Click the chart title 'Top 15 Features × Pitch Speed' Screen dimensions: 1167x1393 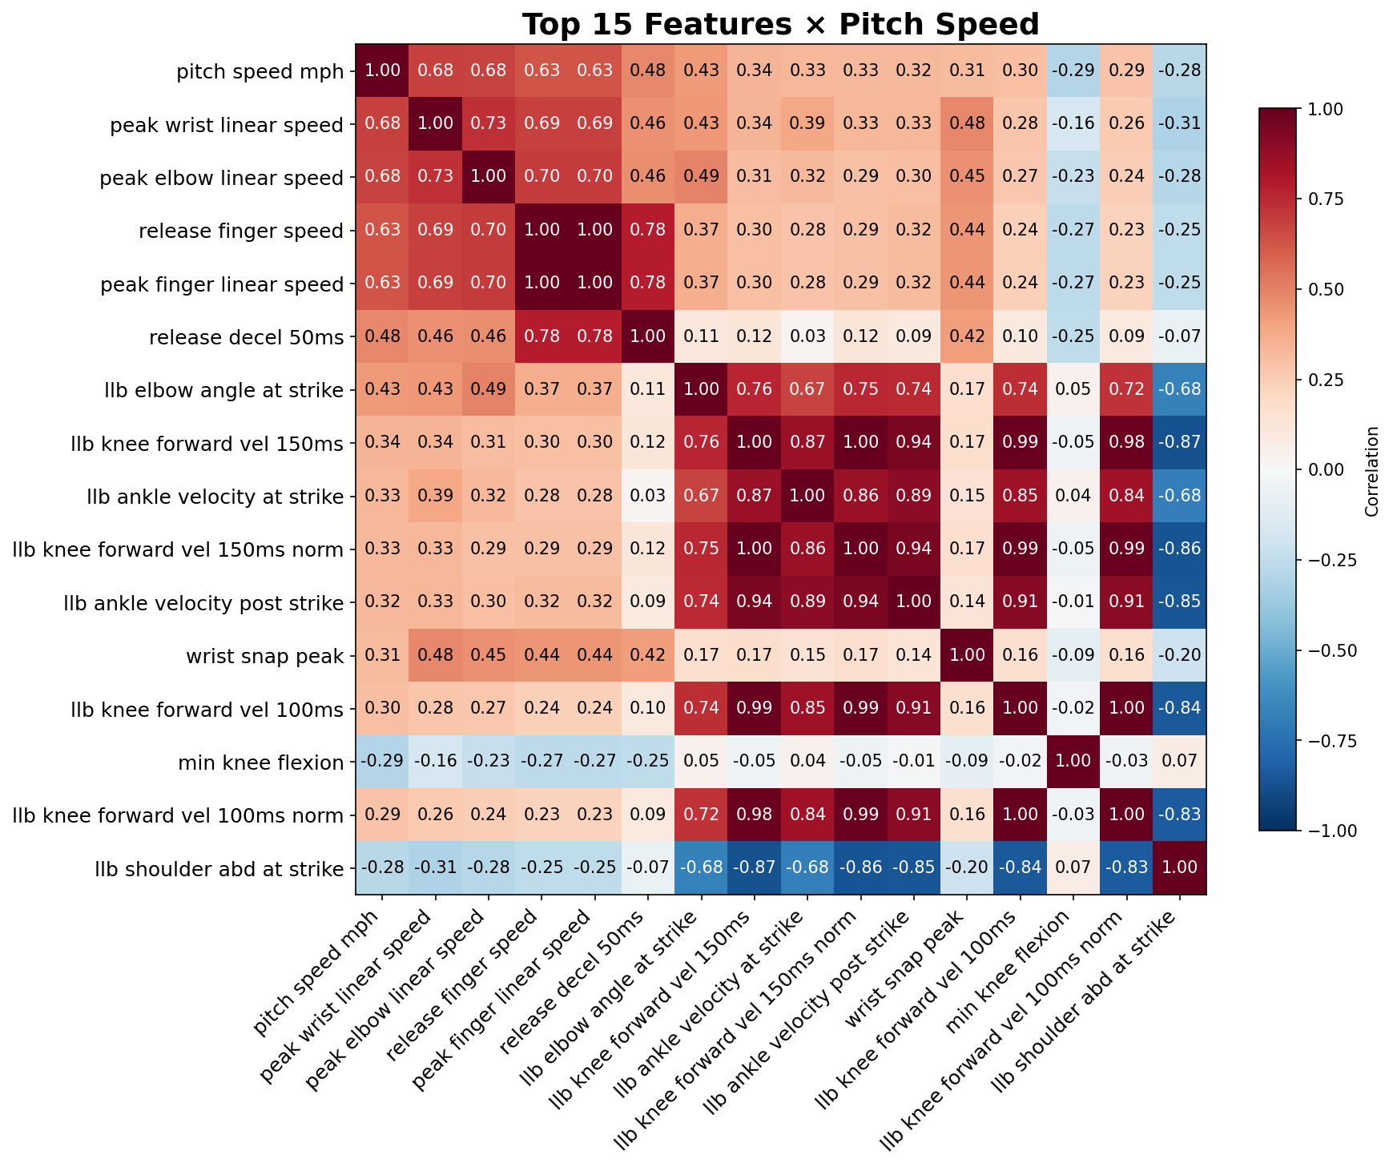click(x=780, y=25)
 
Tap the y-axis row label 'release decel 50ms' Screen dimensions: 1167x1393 click(x=246, y=337)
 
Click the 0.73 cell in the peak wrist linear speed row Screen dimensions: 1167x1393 click(x=488, y=124)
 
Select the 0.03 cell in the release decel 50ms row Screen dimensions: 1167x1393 click(x=807, y=336)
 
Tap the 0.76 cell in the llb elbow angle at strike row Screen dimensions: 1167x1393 click(x=754, y=389)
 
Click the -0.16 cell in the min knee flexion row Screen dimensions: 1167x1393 click(x=435, y=762)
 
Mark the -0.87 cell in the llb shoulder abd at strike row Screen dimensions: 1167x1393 click(x=754, y=867)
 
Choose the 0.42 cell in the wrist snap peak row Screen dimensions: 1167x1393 click(x=647, y=655)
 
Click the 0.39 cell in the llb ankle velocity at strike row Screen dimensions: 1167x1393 click(x=435, y=496)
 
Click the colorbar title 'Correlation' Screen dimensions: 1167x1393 click(x=1371, y=471)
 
